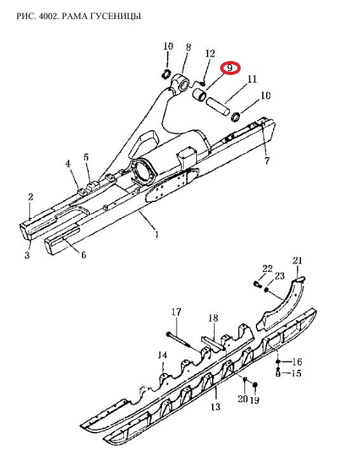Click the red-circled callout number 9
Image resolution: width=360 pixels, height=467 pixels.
tap(230, 68)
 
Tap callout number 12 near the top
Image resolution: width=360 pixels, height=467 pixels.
tap(210, 53)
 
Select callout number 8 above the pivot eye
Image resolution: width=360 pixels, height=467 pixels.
tap(189, 47)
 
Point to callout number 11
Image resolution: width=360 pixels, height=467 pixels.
tap(251, 79)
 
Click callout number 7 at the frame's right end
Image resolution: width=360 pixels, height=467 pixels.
tap(267, 161)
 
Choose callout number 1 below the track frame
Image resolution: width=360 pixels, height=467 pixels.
tap(157, 234)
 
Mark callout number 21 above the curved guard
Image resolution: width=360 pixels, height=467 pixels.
tap(297, 261)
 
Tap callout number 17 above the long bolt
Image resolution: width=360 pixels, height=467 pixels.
tap(176, 312)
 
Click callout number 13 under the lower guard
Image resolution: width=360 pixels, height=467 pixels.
tap(215, 406)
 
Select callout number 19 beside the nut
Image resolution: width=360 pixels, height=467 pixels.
tap(255, 400)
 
